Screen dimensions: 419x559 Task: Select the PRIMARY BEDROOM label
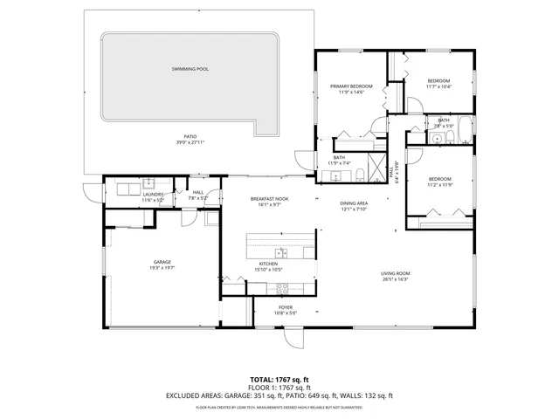pyautogui.click(x=351, y=86)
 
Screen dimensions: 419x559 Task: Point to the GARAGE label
pyautogui.click(x=162, y=261)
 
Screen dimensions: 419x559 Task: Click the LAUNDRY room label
pyautogui.click(x=153, y=195)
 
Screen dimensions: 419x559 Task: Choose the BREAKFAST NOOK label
pyautogui.click(x=269, y=199)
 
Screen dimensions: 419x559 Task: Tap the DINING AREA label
pyautogui.click(x=354, y=203)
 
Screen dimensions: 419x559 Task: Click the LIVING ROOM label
pyautogui.click(x=395, y=273)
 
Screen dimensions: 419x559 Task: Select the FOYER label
pyautogui.click(x=286, y=307)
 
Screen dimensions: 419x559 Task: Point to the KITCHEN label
pyautogui.click(x=268, y=263)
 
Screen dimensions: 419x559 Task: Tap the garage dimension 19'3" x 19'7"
pyautogui.click(x=162, y=268)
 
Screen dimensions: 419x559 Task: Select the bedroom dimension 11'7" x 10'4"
pyautogui.click(x=438, y=86)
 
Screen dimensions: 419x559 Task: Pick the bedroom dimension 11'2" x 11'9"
pyautogui.click(x=439, y=185)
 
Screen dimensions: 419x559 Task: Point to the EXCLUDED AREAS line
pyautogui.click(x=279, y=395)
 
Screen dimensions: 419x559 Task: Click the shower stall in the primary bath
pyautogui.click(x=376, y=167)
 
